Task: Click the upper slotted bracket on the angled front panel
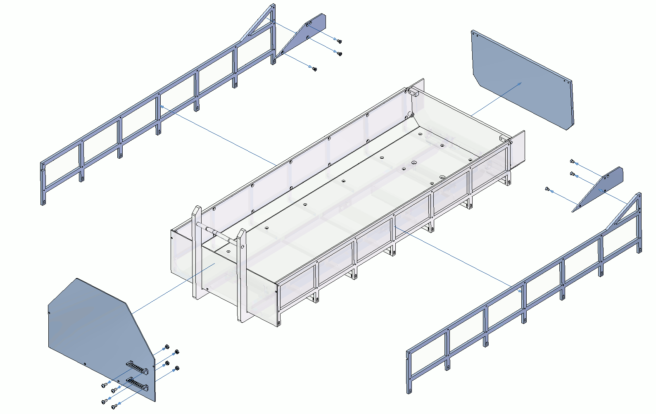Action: point(137,367)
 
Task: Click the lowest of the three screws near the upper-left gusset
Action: point(314,69)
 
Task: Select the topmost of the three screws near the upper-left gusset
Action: point(339,41)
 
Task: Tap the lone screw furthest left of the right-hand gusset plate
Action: point(547,189)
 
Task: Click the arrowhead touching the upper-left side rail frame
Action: point(162,106)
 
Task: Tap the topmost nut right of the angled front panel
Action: point(167,346)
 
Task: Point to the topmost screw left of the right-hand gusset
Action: point(572,161)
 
